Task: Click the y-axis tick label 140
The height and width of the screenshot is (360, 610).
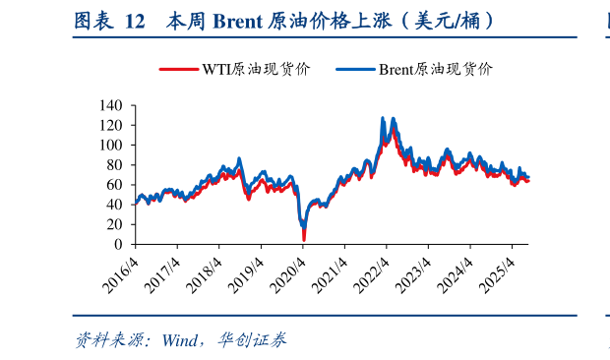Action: (x=110, y=105)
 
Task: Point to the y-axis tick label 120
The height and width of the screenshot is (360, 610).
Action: (x=110, y=125)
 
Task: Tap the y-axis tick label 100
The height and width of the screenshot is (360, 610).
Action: (x=110, y=145)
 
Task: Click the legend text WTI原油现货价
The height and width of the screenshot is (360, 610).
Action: (x=256, y=69)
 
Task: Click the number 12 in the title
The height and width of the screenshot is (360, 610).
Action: (x=137, y=20)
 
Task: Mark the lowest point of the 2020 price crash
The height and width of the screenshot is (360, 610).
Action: (x=304, y=239)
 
